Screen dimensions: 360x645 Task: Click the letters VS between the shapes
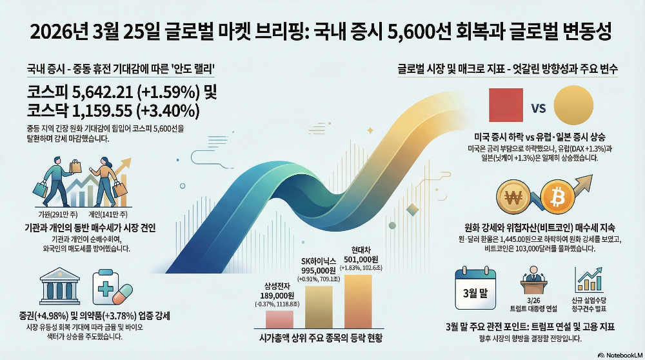tap(538, 108)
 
